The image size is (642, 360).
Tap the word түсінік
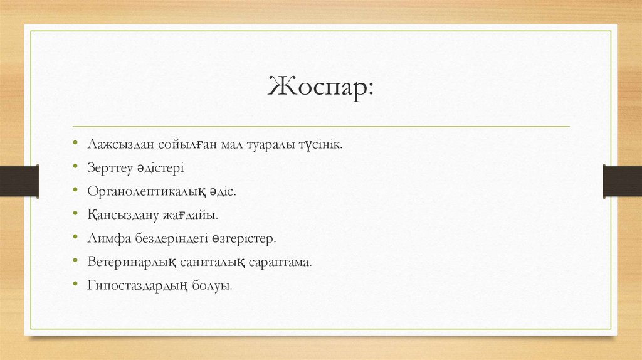point(320,145)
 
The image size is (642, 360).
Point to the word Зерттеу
point(109,169)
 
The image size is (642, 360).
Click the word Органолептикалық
point(144,192)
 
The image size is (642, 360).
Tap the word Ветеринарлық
point(130,262)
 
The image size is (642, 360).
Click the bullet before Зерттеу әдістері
point(75,169)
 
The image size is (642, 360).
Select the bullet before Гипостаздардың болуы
point(75,285)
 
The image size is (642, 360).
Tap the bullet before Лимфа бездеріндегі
point(75,238)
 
